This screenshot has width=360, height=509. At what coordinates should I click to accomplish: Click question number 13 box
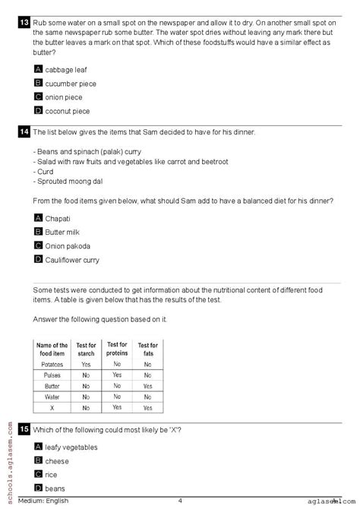pyautogui.click(x=24, y=23)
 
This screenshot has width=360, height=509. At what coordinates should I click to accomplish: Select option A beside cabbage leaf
pyautogui.click(x=38, y=69)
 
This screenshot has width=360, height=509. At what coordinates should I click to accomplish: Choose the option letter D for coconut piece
pyautogui.click(x=38, y=110)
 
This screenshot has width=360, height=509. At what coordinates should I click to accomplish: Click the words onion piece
pyautogui.click(x=64, y=97)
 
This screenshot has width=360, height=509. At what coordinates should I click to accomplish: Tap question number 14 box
pyautogui.click(x=24, y=131)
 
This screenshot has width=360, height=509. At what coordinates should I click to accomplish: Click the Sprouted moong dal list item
pyautogui.click(x=70, y=182)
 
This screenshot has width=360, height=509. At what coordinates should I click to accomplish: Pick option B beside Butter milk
pyautogui.click(x=38, y=232)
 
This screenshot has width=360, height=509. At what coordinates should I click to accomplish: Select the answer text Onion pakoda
pyautogui.click(x=68, y=246)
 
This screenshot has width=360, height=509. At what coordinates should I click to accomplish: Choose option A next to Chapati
pyautogui.click(x=38, y=218)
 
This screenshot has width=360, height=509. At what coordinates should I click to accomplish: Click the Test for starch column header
pyautogui.click(x=86, y=350)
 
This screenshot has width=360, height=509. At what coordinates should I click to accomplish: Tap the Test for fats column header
pyautogui.click(x=147, y=350)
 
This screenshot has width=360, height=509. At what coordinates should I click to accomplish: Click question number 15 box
pyautogui.click(x=24, y=430)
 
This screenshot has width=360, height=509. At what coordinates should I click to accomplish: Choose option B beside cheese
pyautogui.click(x=38, y=460)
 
